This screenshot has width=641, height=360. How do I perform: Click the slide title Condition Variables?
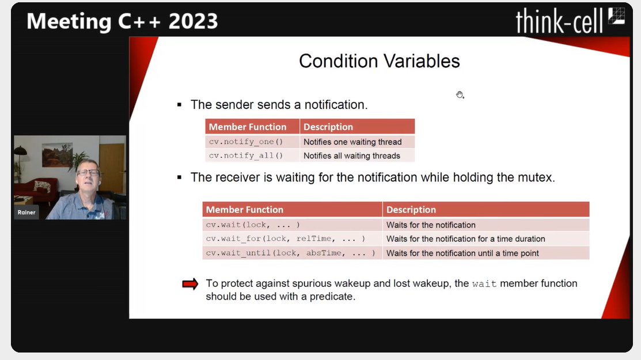coord(379,61)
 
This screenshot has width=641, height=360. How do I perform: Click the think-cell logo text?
coord(558,21)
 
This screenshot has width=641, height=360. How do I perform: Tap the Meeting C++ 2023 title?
coord(122,21)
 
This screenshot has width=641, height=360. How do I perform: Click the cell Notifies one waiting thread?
coord(352,142)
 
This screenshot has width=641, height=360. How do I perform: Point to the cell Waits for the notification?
coord(431,225)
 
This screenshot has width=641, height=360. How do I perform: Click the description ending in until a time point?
coord(462,253)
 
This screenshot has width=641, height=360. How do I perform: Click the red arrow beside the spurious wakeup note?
coord(190,284)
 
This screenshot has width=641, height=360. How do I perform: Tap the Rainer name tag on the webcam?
coord(26,212)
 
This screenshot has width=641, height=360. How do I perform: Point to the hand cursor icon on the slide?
coord(460,95)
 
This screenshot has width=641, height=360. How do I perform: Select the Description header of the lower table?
coord(411,210)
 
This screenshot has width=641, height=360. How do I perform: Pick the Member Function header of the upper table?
coord(248,127)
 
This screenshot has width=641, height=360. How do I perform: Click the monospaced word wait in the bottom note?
coord(484,284)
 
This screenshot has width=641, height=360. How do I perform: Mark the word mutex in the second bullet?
coord(535,177)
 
